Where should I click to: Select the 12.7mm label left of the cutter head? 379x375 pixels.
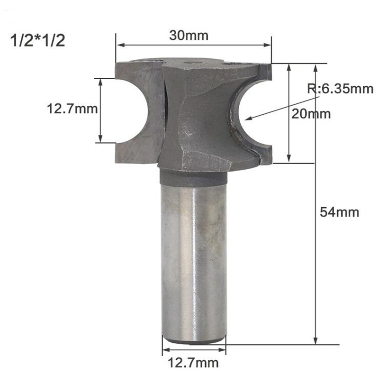tap(72, 110)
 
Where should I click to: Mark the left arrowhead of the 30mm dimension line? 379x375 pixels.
tap(119, 46)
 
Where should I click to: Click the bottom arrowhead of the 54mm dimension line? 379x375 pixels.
tap(315, 341)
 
